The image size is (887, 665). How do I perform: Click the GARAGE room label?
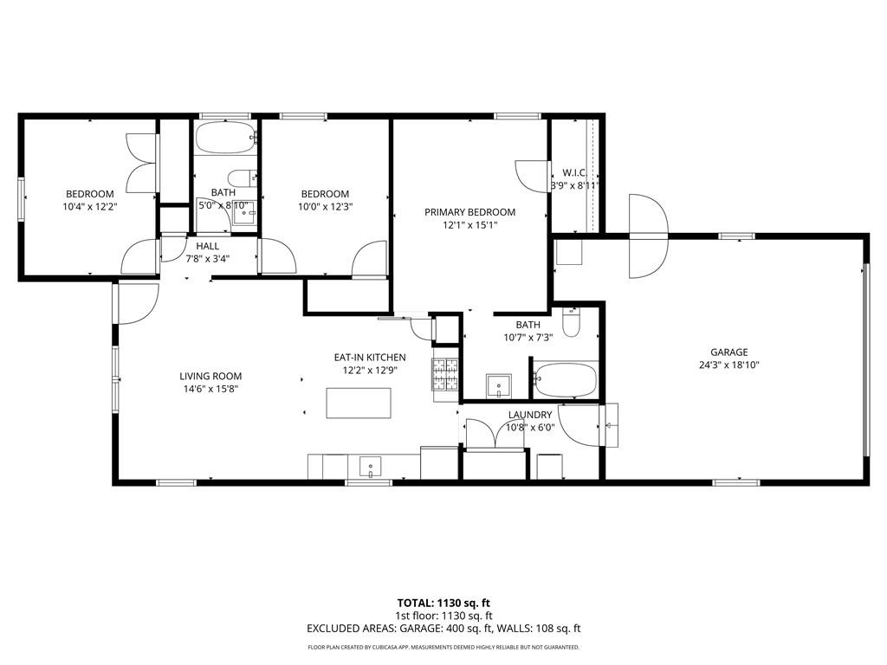(729, 352)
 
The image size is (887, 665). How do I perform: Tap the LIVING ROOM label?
(210, 376)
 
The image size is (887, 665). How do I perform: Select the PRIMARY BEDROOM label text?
(469, 212)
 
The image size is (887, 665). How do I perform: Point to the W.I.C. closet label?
(574, 172)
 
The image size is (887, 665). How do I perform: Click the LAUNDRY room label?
(529, 415)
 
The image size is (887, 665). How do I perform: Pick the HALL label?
(208, 246)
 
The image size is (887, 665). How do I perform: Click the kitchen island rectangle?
(359, 403)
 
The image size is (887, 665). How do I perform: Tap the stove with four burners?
(446, 374)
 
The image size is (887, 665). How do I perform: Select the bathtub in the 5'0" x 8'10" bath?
(226, 138)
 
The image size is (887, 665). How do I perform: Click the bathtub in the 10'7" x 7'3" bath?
(565, 379)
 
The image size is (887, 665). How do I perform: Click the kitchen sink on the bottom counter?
(370, 468)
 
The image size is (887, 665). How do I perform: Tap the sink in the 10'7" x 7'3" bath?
(498, 385)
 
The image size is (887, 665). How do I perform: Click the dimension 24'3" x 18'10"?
(729, 365)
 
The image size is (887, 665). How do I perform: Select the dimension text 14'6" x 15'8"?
(210, 389)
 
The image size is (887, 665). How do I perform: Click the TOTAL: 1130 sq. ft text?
(443, 603)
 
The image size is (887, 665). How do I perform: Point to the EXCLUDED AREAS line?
(443, 629)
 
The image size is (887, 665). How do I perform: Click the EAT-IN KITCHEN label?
(369, 358)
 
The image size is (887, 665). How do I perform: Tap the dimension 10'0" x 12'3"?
(326, 207)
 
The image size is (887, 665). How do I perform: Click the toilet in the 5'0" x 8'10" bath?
(243, 178)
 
